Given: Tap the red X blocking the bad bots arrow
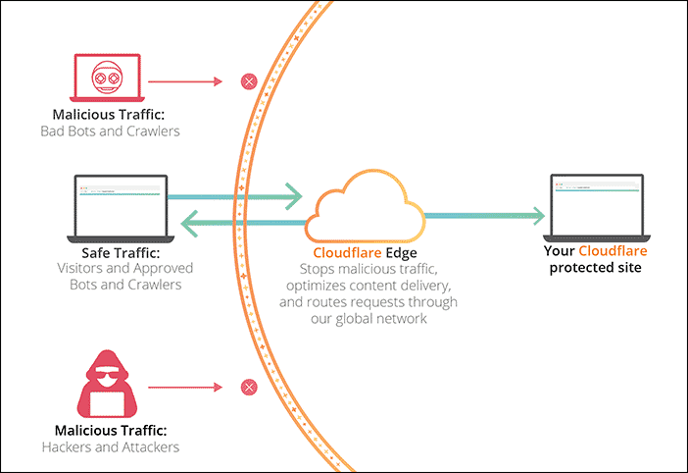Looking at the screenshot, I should (x=248, y=80).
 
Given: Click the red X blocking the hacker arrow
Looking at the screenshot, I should (x=248, y=387).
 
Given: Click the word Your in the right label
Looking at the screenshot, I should (x=559, y=251).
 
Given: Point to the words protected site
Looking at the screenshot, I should (x=596, y=267).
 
